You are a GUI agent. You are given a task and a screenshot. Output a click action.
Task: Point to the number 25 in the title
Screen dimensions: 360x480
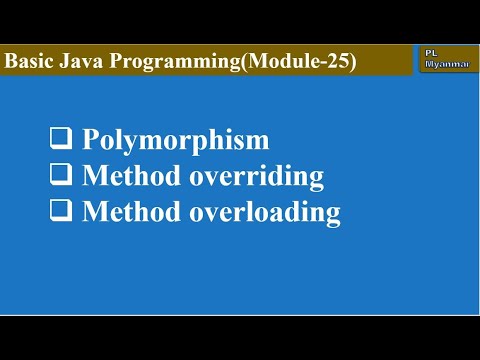pos(336,62)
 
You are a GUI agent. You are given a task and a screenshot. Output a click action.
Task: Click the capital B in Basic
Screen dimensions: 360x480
pos(12,62)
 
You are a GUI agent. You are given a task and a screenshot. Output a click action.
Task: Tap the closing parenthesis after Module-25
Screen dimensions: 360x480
pos(352,62)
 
